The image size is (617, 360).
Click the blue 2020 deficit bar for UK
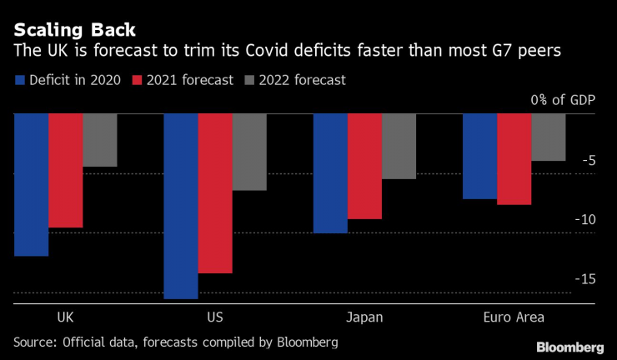[x=31, y=185]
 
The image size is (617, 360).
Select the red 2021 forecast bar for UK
[x=65, y=171]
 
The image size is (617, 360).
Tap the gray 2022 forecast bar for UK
[x=99, y=140]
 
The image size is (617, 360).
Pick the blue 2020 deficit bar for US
[x=180, y=206]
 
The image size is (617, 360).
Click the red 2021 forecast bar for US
[x=214, y=193]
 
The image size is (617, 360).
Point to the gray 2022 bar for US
[x=248, y=152]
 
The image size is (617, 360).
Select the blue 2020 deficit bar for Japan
[x=329, y=173]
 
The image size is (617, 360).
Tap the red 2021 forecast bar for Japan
[x=364, y=167]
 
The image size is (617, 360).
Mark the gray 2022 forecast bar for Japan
[x=399, y=147]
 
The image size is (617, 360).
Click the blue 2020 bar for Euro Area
[x=479, y=157]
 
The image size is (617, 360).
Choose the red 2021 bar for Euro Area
[x=514, y=159]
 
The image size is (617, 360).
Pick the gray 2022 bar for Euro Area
[x=548, y=137]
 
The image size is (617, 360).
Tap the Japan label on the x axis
[x=364, y=317]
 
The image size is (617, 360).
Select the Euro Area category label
[x=514, y=317]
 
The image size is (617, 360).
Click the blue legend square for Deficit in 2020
[x=20, y=81]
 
